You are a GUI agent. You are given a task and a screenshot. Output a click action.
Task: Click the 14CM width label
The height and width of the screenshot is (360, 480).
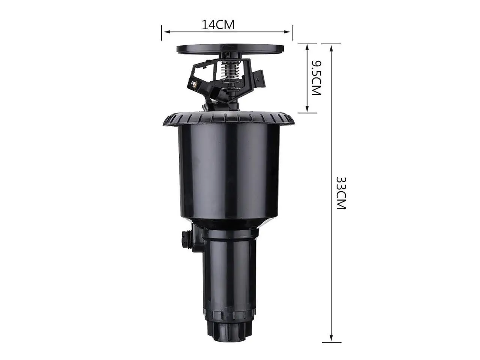[x=218, y=25]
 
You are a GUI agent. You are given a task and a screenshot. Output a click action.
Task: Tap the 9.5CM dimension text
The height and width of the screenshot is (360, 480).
[x=316, y=78]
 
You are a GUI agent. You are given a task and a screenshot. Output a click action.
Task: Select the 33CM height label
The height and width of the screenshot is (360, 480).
[x=341, y=193]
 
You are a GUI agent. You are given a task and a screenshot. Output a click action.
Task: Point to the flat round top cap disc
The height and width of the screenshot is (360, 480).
[x=230, y=48]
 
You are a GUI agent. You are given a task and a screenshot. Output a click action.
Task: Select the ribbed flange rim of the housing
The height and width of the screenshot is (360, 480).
[x=229, y=119]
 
